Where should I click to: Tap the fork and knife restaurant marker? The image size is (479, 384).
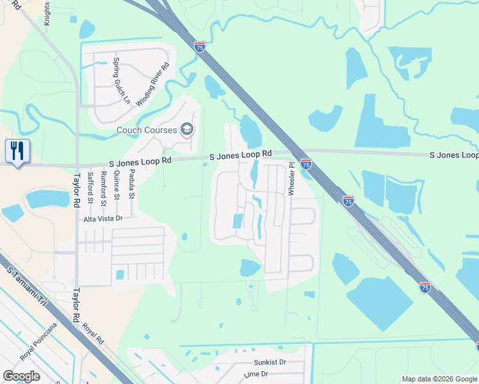pyautogui.click(x=17, y=151)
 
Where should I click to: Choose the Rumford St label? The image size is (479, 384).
pyautogui.click(x=104, y=186)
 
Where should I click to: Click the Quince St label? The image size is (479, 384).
pyautogui.click(x=117, y=184)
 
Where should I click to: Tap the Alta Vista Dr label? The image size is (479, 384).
pyautogui.click(x=102, y=218)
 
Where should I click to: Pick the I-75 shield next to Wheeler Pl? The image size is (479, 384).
pyautogui.click(x=306, y=164)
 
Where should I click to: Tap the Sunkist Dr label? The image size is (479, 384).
pyautogui.click(x=269, y=362)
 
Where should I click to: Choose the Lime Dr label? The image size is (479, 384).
pyautogui.click(x=256, y=374)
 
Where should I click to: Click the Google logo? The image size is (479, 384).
pyautogui.click(x=22, y=376)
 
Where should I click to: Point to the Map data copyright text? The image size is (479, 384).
pyautogui.click(x=439, y=379)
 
